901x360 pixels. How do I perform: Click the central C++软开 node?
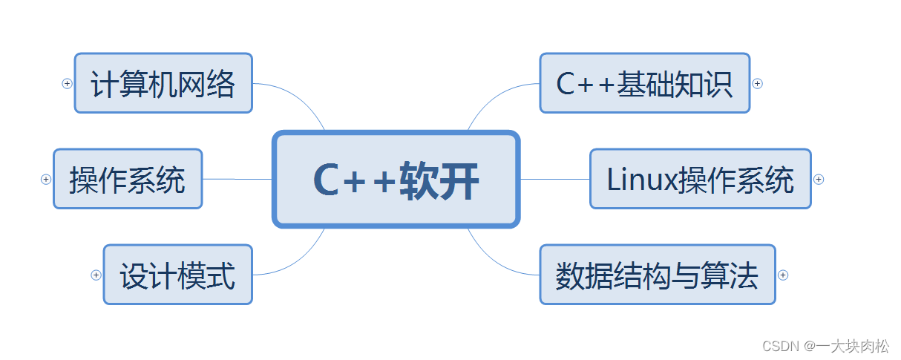[396, 179]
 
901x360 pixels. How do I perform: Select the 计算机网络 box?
[163, 83]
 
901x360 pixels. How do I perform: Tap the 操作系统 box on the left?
[128, 179]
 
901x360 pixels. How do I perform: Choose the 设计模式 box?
[177, 275]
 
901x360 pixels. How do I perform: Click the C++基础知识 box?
[644, 83]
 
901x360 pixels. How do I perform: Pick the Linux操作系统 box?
[700, 179]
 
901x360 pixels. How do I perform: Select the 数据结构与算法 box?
[657, 275]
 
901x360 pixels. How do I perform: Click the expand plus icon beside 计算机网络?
[67, 84]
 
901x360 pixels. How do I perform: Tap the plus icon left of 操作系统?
[46, 179]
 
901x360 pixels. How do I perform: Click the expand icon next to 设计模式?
[96, 275]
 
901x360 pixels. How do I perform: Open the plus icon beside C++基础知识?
[758, 84]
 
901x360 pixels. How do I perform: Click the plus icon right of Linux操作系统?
[819, 179]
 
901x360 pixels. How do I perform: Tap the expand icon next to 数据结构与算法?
[783, 275]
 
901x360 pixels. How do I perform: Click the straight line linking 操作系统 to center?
[237, 179]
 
